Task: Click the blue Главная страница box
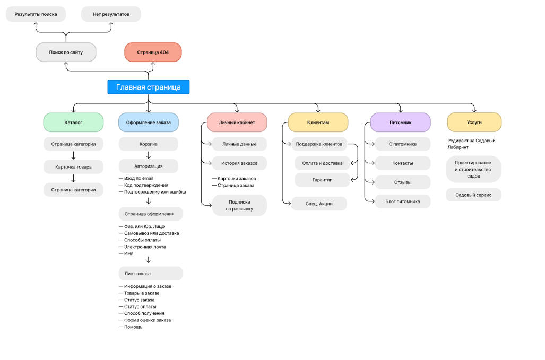(149, 87)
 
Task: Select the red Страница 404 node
(153, 52)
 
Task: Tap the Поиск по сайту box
(66, 52)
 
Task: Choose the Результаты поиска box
(36, 14)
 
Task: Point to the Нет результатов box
(111, 14)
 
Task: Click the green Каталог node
(73, 122)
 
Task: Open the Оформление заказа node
(149, 122)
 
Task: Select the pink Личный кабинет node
(237, 122)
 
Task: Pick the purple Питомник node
(401, 122)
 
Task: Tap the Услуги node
(474, 122)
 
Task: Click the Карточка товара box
(73, 166)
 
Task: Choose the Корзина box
(149, 144)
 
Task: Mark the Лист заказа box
(151, 273)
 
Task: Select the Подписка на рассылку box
(239, 205)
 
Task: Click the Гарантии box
(322, 180)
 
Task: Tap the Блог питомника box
(402, 201)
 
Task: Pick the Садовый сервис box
(473, 195)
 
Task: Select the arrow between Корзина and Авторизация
(149, 155)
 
